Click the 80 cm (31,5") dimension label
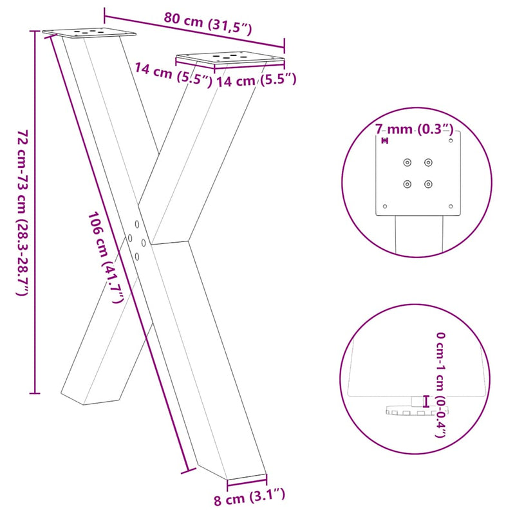pyautogui.click(x=207, y=23)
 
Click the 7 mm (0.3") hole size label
pyautogui.click(x=415, y=129)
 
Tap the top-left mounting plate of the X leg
pyautogui.click(x=89, y=32)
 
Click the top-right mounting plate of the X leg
pyautogui.click(x=230, y=59)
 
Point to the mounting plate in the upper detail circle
pyautogui.click(x=420, y=174)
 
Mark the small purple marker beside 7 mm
pyautogui.click(x=385, y=140)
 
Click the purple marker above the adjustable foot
pyautogui.click(x=425, y=402)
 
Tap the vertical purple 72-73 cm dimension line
pyautogui.click(x=35, y=212)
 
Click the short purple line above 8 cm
pyautogui.click(x=247, y=479)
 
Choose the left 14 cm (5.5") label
pyautogui.click(x=173, y=73)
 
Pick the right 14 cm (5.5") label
pyautogui.click(x=256, y=80)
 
